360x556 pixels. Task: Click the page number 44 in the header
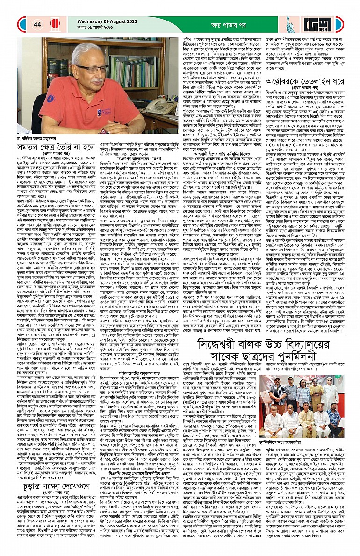pyautogui.click(x=37, y=24)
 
